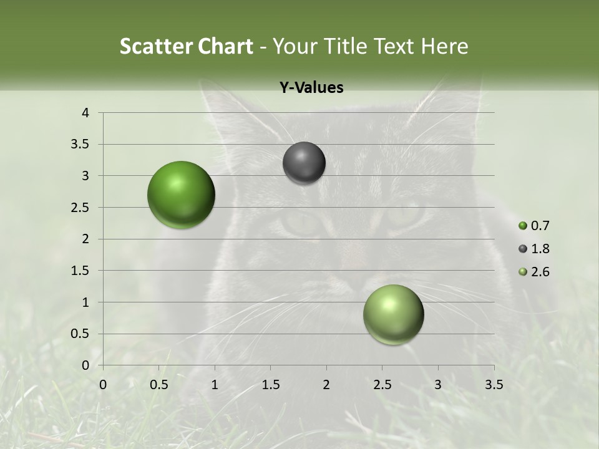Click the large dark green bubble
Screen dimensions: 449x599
pyautogui.click(x=182, y=195)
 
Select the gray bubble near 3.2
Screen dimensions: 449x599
pyautogui.click(x=304, y=163)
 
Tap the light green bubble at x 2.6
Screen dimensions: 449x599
pyautogui.click(x=393, y=314)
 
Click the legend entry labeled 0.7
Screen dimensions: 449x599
pyautogui.click(x=534, y=226)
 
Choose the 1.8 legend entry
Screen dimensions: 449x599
pyautogui.click(x=534, y=249)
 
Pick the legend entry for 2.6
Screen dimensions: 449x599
pyautogui.click(x=534, y=272)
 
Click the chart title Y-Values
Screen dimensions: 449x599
pyautogui.click(x=311, y=88)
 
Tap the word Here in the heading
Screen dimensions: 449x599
pyautogui.click(x=444, y=46)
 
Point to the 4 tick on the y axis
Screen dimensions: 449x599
pyautogui.click(x=86, y=113)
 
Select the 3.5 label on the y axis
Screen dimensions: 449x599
pyautogui.click(x=82, y=145)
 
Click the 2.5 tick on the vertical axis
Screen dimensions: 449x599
pyautogui.click(x=82, y=208)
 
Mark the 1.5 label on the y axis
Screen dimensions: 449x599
pyautogui.click(x=82, y=271)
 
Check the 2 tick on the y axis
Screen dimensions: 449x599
pyautogui.click(x=86, y=239)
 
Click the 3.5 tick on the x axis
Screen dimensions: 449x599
pyautogui.click(x=494, y=385)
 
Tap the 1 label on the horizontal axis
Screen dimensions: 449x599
pyautogui.click(x=215, y=385)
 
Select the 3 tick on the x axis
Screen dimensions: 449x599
pyautogui.click(x=438, y=385)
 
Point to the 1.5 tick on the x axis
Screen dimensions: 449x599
pyautogui.click(x=270, y=385)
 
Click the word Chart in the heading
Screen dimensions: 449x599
pyautogui.click(x=223, y=46)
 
